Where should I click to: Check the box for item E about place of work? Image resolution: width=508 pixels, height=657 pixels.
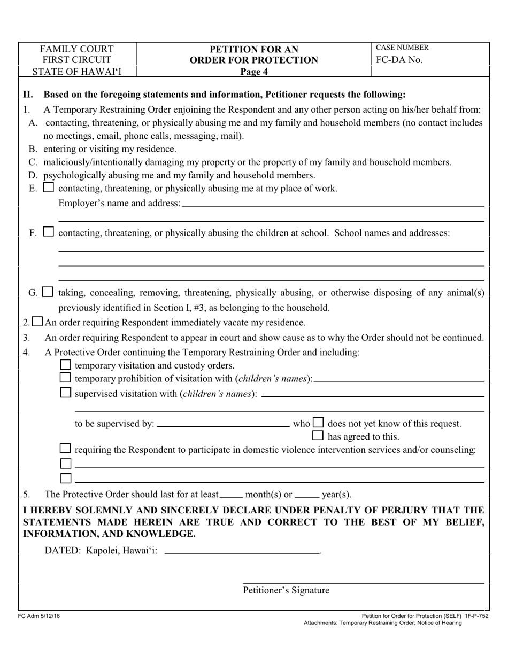(x=48, y=188)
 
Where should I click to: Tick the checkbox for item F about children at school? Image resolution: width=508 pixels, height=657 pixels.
(x=48, y=232)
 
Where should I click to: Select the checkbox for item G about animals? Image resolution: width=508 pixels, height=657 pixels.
(x=48, y=292)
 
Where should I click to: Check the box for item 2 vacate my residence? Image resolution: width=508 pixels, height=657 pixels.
(x=37, y=322)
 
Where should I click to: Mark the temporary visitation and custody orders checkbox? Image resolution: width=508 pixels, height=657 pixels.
(x=65, y=365)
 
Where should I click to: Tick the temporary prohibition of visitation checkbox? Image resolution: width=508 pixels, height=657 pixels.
(x=65, y=378)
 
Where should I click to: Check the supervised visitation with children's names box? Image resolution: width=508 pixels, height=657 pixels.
(x=65, y=393)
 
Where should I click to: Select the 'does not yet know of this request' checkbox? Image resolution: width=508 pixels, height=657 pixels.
(x=318, y=423)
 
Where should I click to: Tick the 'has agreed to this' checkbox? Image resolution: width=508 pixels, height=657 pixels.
(x=318, y=436)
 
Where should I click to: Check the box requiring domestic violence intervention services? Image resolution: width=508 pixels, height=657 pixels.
(x=65, y=449)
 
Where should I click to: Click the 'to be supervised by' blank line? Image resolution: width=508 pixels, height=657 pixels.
(x=224, y=426)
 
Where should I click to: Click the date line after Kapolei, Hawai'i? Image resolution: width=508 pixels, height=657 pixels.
(x=242, y=553)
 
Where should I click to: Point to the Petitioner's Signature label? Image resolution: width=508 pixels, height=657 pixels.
(x=286, y=590)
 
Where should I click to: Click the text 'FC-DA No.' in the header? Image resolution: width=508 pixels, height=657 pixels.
(x=399, y=60)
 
